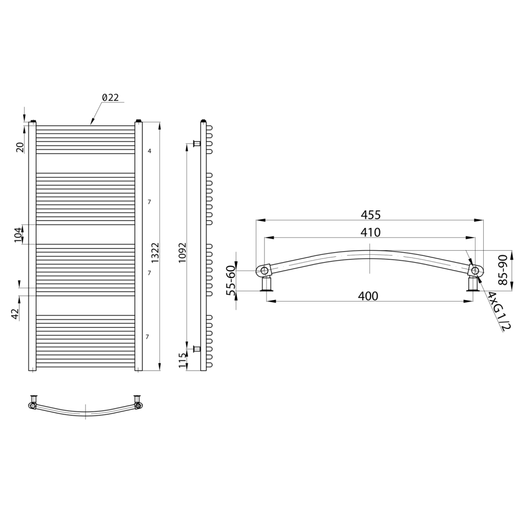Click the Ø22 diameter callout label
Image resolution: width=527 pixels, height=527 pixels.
[x=110, y=97]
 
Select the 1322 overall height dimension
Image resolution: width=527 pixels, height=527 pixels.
[x=155, y=252]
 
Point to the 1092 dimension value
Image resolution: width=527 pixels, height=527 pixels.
[x=182, y=252]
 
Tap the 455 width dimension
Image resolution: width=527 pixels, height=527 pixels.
[x=371, y=215]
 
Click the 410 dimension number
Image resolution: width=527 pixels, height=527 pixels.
[x=371, y=232]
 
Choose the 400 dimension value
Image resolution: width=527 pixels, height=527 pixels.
[x=368, y=296]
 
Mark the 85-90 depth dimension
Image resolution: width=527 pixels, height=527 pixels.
[x=502, y=270]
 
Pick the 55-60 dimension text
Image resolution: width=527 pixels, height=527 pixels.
[x=231, y=280]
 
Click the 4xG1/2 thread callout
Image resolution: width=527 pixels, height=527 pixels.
[x=499, y=311]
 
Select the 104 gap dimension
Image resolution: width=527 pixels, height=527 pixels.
[x=19, y=234]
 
